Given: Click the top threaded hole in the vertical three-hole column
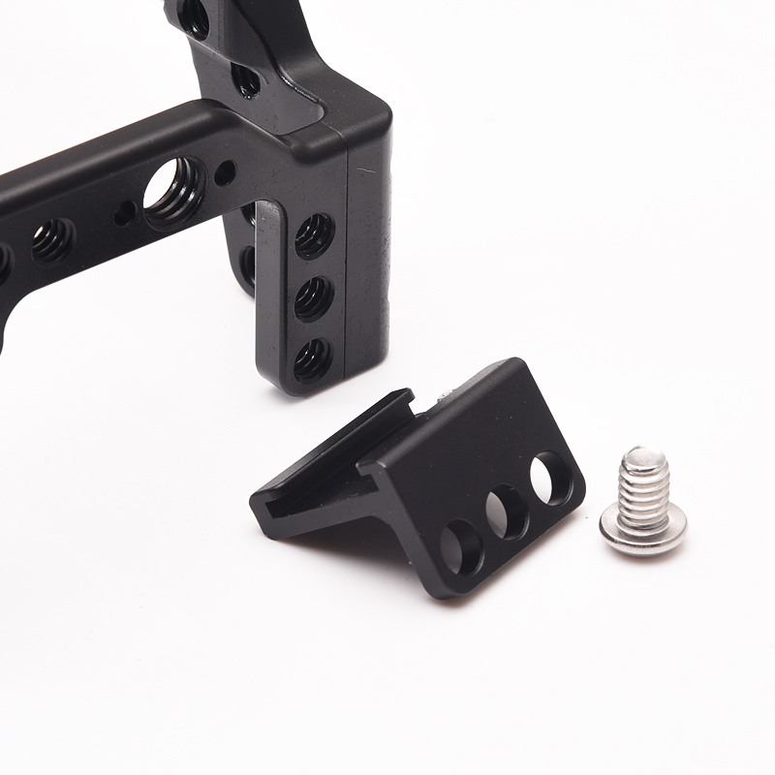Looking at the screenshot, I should tap(314, 234).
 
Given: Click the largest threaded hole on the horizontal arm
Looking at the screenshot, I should tap(174, 187).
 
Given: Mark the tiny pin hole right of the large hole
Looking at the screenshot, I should tap(224, 174).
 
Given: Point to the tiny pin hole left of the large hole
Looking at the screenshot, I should tap(124, 212).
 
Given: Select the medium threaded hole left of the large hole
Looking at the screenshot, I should tap(53, 238).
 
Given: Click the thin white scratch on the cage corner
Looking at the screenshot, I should tap(364, 171).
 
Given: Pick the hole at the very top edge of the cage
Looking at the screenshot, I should tap(193, 14).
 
